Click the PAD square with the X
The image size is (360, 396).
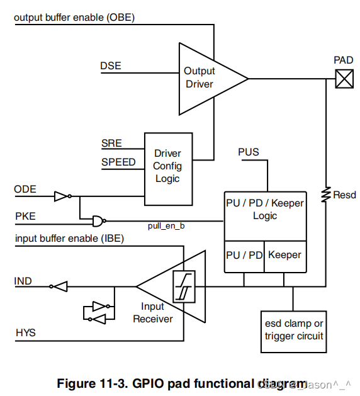pyautogui.click(x=344, y=79)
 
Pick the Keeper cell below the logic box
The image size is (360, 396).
pyautogui.click(x=284, y=255)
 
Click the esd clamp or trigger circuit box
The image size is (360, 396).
pyautogui.click(x=294, y=330)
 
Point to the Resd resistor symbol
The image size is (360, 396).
pyautogui.click(x=326, y=195)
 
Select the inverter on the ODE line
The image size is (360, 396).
pyautogui.click(x=62, y=196)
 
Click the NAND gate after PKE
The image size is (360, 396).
pyautogui.click(x=98, y=220)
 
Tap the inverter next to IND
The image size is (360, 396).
pyautogui.click(x=59, y=286)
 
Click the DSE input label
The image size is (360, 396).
pyautogui.click(x=110, y=66)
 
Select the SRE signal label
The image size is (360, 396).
pyautogui.click(x=111, y=144)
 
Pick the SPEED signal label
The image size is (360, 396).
pyautogui.click(x=118, y=162)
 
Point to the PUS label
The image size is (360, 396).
pyautogui.click(x=249, y=152)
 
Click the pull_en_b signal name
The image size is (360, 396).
pyautogui.click(x=167, y=225)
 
